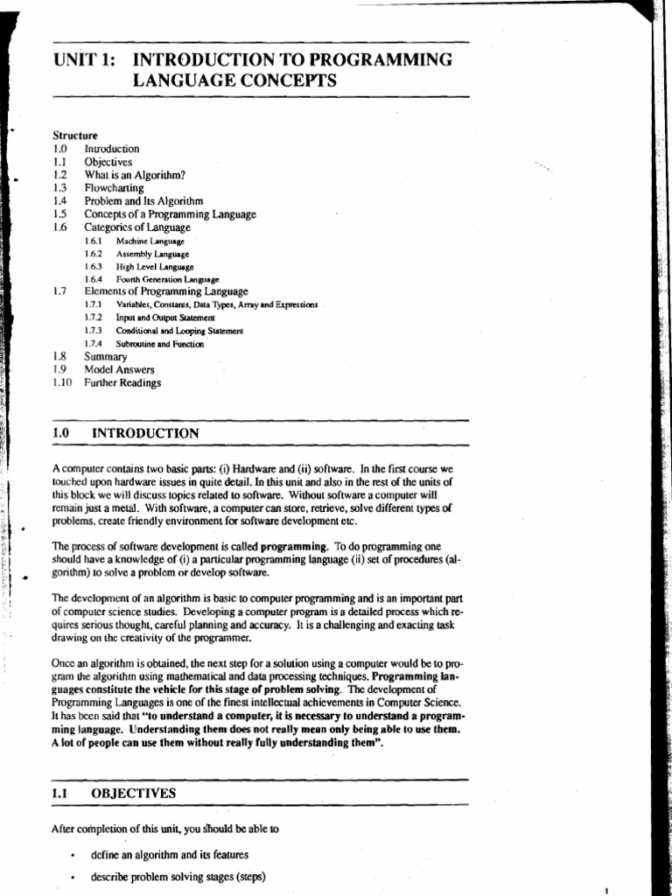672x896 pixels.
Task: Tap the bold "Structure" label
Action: [75, 136]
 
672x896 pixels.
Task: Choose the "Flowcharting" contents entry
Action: [115, 187]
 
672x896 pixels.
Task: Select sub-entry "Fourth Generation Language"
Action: [167, 279]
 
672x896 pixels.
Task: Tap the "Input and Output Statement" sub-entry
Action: [165, 318]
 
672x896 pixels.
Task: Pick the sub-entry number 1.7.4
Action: [94, 344]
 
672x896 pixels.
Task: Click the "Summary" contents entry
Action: [106, 357]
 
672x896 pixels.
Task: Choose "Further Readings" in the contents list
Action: [122, 382]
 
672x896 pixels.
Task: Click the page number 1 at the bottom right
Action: [605, 889]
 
